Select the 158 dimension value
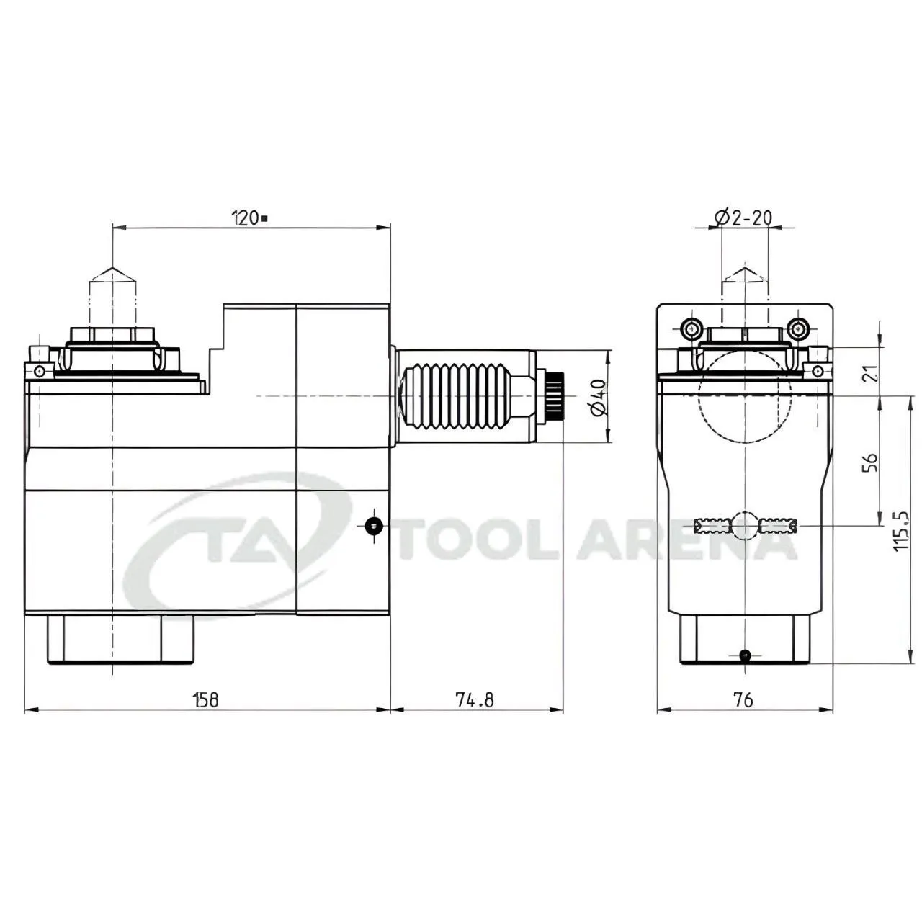pyautogui.click(x=206, y=700)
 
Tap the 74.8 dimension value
pyautogui.click(x=474, y=700)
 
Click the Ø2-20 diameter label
pyautogui.click(x=743, y=218)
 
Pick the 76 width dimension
pyautogui.click(x=743, y=700)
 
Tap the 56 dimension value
pyautogui.click(x=870, y=462)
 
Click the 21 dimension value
pyautogui.click(x=870, y=373)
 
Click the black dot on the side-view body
pyautogui.click(x=374, y=527)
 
